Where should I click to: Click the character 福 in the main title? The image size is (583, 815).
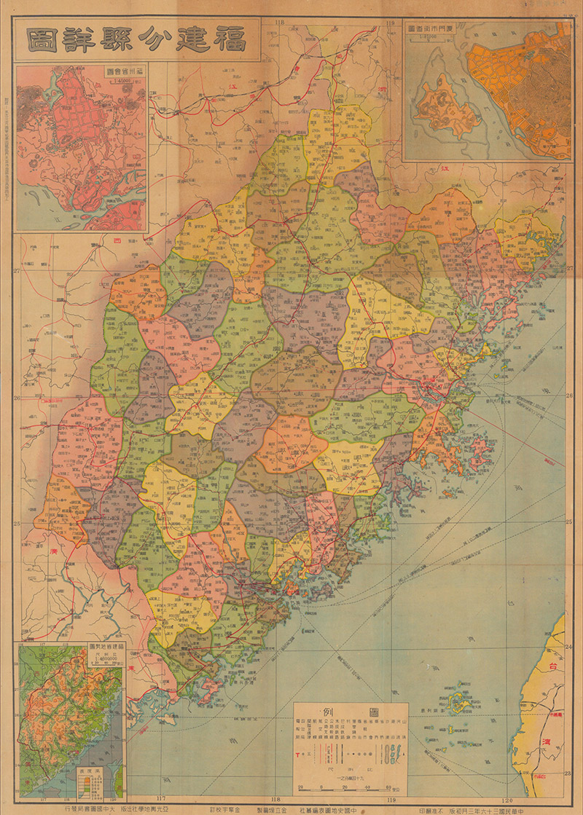[232, 39]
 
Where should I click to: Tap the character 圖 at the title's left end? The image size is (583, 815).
[44, 39]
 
